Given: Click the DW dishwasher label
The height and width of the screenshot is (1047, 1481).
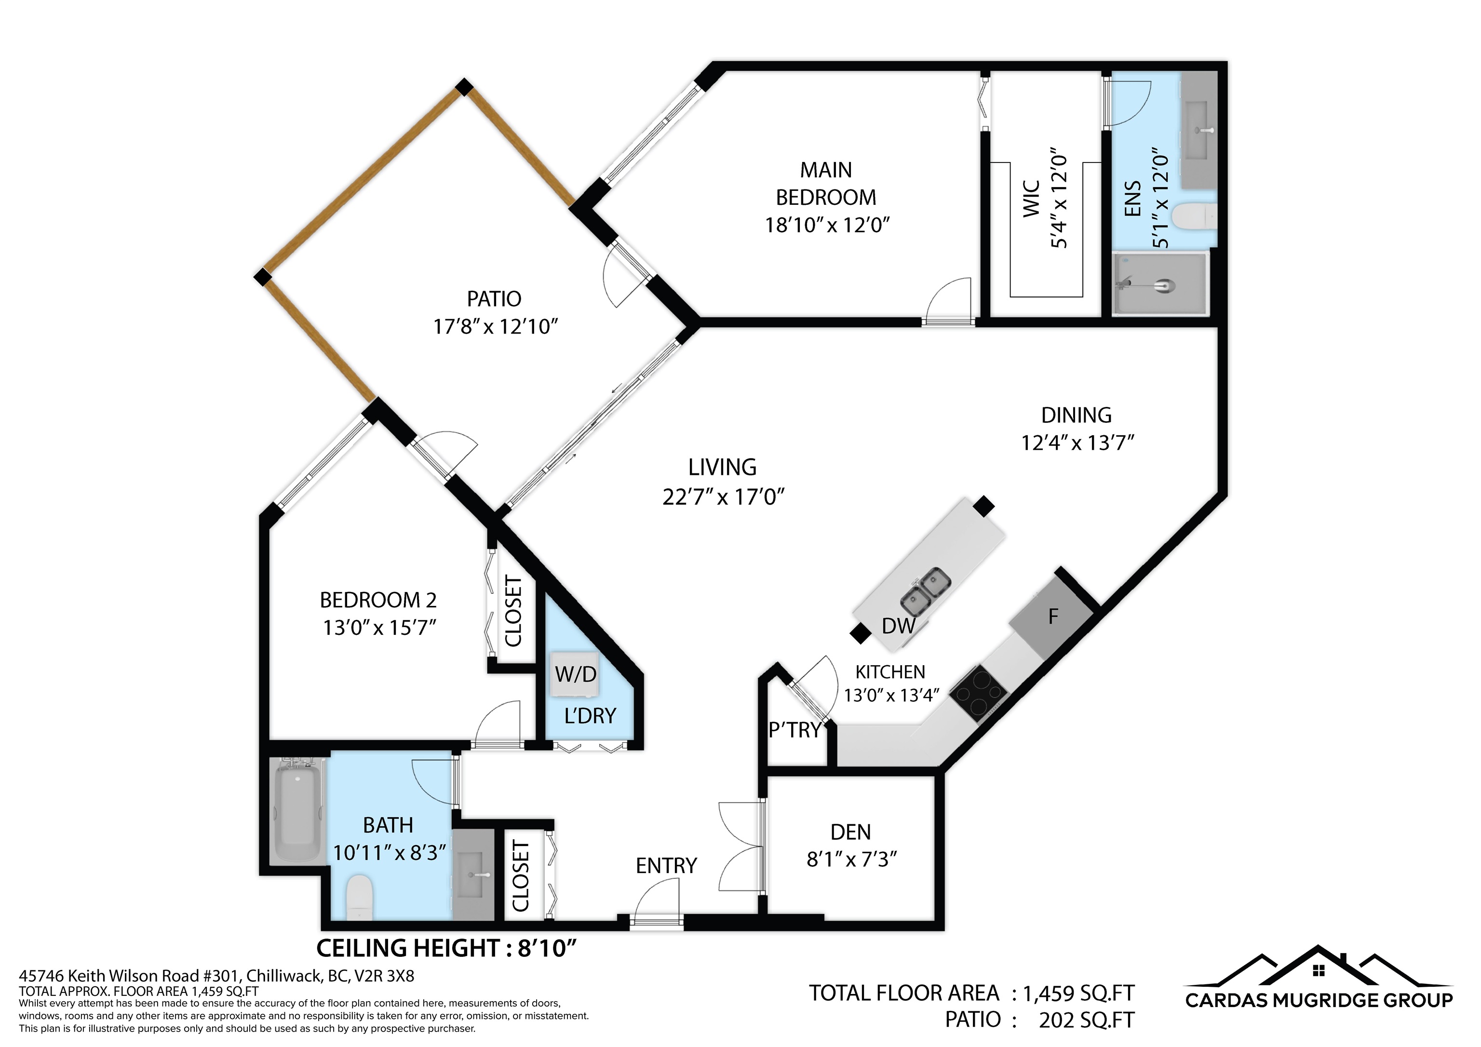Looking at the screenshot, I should [x=899, y=626].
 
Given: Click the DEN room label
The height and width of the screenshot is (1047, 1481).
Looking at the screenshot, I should [x=850, y=832].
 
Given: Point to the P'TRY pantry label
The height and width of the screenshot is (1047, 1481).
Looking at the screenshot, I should [x=794, y=730].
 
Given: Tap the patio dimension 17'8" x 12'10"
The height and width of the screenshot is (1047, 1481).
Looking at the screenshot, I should [x=495, y=327].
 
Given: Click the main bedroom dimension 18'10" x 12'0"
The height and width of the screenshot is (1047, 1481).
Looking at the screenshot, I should [x=827, y=225].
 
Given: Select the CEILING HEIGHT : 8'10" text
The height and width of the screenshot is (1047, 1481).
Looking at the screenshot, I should [x=446, y=948].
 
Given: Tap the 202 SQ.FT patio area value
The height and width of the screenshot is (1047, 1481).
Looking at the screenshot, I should [x=1086, y=1020].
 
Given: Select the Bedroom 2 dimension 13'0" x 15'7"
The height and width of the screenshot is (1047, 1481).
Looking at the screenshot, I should [x=379, y=628].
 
